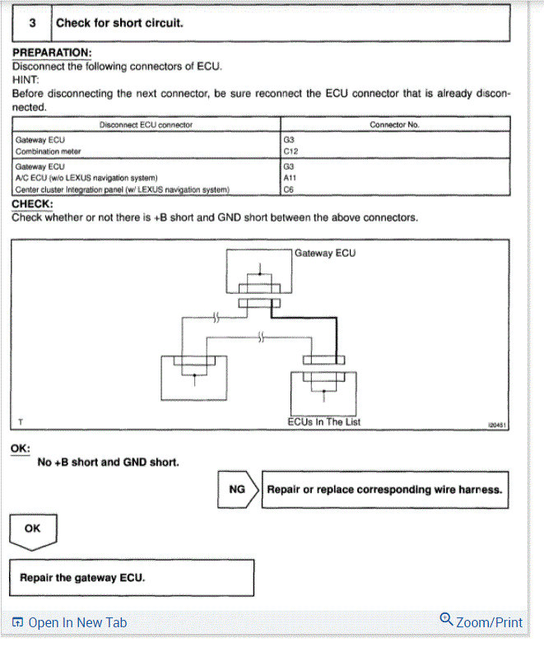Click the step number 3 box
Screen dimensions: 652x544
31,23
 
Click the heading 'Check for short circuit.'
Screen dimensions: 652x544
119,23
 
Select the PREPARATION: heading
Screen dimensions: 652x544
52,53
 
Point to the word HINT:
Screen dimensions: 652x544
27,80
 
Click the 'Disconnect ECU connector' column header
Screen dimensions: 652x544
146,124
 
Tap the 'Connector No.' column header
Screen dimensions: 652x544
394,124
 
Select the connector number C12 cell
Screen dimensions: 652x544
291,151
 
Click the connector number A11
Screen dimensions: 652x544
290,177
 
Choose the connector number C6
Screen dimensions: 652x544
288,189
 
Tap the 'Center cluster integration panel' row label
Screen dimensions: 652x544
122,189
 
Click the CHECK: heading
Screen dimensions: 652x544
33,204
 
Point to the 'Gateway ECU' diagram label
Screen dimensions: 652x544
325,253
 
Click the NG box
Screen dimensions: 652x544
237,489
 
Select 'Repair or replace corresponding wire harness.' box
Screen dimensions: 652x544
384,489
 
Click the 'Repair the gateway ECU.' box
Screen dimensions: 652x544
132,578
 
